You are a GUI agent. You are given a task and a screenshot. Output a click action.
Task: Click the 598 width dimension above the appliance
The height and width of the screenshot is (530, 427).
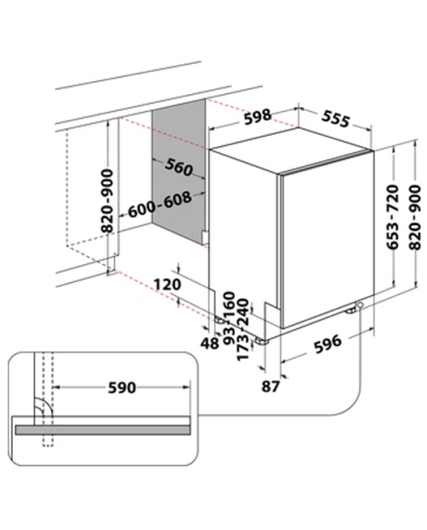coord(258,116)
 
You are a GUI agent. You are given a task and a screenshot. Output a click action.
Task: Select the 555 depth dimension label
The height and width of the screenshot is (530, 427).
coord(335,119)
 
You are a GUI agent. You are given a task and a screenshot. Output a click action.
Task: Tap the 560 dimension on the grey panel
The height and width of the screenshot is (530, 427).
coord(178,168)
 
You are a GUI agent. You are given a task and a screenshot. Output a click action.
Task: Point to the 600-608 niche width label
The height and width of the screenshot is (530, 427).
coord(160,205)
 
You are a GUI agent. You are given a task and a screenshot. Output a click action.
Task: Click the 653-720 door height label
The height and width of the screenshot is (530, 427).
coord(392,217)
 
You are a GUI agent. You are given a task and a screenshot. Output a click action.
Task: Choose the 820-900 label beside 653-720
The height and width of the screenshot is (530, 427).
coord(415,217)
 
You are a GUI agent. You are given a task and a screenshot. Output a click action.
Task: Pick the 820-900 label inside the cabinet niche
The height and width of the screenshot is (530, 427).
coord(108,201)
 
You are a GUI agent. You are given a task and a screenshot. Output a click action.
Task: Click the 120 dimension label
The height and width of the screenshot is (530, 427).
coord(167,285)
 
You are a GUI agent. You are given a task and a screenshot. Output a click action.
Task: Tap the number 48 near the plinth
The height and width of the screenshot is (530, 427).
coord(209,344)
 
